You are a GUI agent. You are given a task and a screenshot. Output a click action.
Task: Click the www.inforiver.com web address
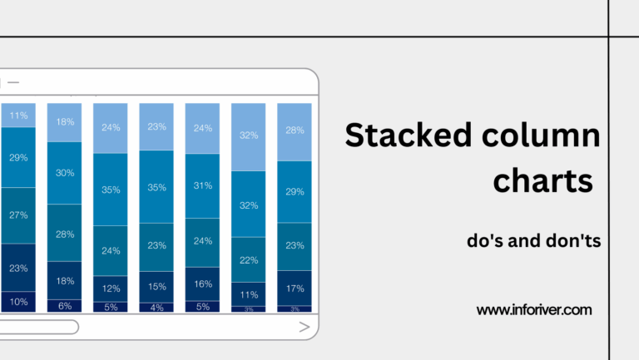pyautogui.click(x=533, y=310)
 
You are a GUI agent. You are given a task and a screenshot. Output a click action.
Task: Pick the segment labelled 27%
pyautogui.click(x=18, y=215)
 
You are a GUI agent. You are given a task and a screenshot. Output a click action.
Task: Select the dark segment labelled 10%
pyautogui.click(x=18, y=302)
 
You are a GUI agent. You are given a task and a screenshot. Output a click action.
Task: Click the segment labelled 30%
pyautogui.click(x=65, y=173)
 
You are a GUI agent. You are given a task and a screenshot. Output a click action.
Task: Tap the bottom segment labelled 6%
pyautogui.click(x=65, y=306)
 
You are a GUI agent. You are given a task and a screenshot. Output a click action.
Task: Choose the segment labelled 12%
pyautogui.click(x=111, y=288)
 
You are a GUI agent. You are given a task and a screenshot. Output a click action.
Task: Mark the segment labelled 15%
pyautogui.click(x=156, y=286)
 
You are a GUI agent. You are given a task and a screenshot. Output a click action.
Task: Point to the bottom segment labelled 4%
pyautogui.click(x=156, y=307)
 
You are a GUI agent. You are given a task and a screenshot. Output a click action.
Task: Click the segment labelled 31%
pyautogui.click(x=202, y=185)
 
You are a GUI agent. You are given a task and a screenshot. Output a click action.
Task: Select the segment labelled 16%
pyautogui.click(x=202, y=284)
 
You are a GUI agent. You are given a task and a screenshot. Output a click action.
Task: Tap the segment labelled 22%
pyautogui.click(x=249, y=260)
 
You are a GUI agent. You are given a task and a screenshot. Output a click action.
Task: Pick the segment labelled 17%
pyautogui.click(x=295, y=288)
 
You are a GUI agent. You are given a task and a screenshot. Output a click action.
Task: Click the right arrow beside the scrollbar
pyautogui.click(x=304, y=328)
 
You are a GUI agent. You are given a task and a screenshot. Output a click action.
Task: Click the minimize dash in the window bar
pyautogui.click(x=13, y=82)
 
